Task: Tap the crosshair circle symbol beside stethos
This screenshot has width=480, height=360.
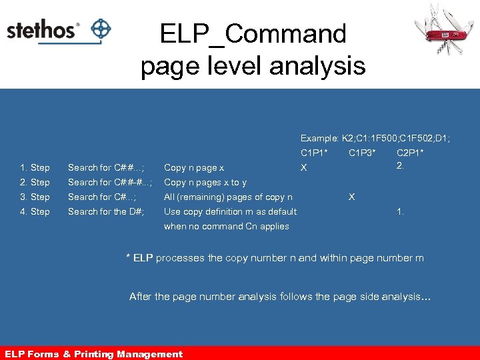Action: (x=101, y=29)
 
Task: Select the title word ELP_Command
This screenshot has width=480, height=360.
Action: (x=253, y=33)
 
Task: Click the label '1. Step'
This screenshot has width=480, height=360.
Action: (x=35, y=167)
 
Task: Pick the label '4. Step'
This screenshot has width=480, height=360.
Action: (x=35, y=211)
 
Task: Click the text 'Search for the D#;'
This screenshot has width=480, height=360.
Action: (x=107, y=211)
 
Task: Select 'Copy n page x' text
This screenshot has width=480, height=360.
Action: (x=194, y=167)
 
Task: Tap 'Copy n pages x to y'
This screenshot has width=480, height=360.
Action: (x=205, y=182)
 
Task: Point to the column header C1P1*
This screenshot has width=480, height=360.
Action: (x=314, y=153)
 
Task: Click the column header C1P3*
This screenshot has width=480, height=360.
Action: (x=362, y=153)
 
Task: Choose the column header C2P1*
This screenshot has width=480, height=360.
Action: (x=410, y=153)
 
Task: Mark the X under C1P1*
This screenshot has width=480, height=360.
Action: (x=303, y=168)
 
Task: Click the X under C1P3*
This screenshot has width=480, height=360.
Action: (x=352, y=197)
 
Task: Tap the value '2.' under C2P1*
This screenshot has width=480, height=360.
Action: (x=400, y=165)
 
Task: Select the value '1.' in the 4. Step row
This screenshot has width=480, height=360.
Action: (x=400, y=211)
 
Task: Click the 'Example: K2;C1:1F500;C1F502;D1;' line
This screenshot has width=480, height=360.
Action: (x=375, y=138)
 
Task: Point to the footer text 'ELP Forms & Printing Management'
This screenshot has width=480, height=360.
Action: (x=93, y=354)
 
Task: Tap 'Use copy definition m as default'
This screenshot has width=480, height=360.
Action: (x=230, y=211)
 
